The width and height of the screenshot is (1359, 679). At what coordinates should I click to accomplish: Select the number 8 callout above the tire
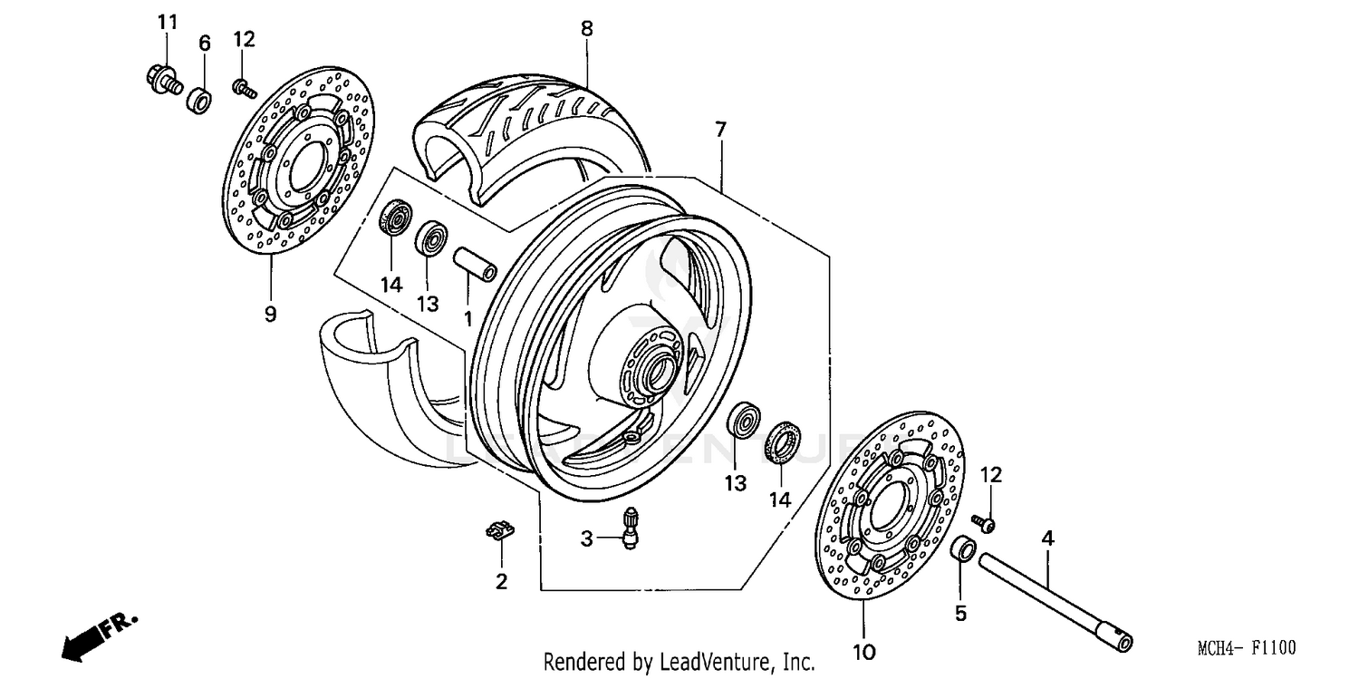(587, 29)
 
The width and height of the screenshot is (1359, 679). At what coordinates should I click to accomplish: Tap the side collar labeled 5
(963, 550)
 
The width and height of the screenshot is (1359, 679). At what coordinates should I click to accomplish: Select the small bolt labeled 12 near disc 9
(243, 87)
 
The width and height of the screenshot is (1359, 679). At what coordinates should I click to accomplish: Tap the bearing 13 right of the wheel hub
(744, 422)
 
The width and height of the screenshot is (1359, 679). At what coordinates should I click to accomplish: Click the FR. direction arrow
(95, 635)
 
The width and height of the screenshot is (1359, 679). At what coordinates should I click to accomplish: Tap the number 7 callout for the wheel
(720, 130)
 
